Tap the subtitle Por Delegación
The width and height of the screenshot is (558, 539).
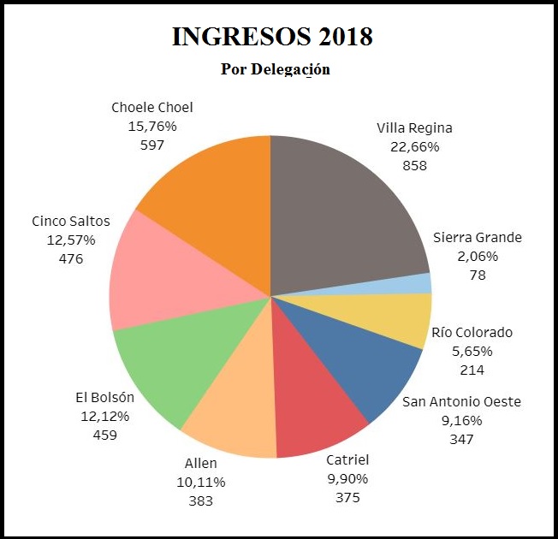pos(276,69)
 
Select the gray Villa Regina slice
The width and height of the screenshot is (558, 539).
pos(342,214)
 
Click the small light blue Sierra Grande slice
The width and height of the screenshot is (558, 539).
pos(423,283)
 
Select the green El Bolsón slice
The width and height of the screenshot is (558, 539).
pos(171,359)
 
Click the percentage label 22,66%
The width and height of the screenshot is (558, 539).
pos(414,147)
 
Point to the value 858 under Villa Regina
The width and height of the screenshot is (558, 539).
pos(414,166)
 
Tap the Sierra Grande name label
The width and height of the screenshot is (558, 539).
pos(478,238)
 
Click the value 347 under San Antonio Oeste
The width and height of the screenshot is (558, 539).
pos(462,439)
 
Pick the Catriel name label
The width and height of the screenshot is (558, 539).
pos(347,460)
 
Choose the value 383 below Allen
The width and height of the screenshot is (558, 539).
pos(201,500)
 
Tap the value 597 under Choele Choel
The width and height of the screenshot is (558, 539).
pos(152,145)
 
